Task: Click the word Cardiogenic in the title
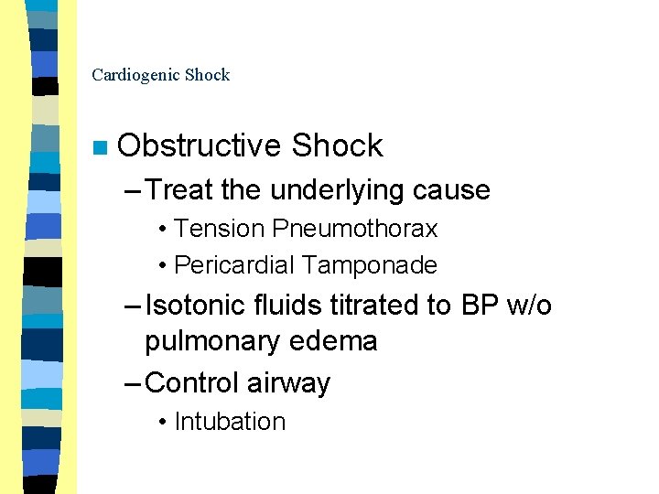(135, 75)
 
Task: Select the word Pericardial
(234, 265)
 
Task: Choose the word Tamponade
(370, 265)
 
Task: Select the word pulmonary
(207, 341)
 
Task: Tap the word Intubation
(230, 422)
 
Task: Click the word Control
(192, 382)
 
